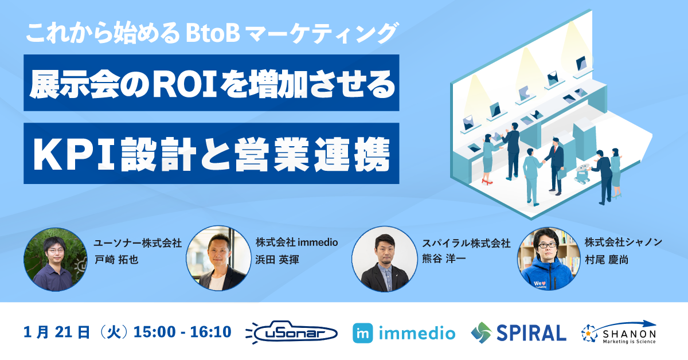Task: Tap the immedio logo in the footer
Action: coord(404,333)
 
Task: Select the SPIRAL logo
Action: coord(518,332)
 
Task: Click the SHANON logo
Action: coord(619,332)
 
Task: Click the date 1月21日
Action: coord(57,332)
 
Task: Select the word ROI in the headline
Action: coord(185,84)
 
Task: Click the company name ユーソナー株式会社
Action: coord(138,243)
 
